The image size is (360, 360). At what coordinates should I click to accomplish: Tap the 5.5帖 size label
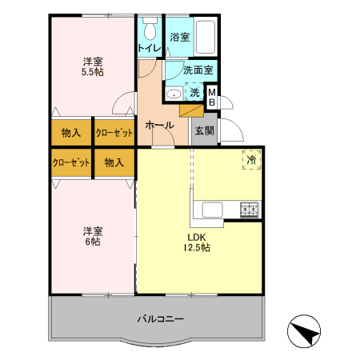click(x=93, y=72)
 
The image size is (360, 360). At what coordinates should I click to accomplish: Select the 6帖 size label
click(x=93, y=241)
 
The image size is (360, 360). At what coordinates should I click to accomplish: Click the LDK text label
click(x=198, y=237)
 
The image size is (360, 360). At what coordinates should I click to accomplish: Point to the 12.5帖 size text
click(x=198, y=248)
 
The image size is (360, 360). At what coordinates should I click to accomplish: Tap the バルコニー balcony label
click(x=159, y=318)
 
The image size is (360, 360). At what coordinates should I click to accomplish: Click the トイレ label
click(x=150, y=48)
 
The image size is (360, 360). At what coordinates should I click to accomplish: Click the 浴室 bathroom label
click(x=179, y=37)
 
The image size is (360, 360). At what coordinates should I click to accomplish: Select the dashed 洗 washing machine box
click(x=194, y=93)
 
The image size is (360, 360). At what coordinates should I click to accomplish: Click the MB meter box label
click(x=212, y=98)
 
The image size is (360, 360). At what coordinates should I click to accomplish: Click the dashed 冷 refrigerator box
click(x=251, y=160)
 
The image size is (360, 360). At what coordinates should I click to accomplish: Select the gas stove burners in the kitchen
click(x=250, y=210)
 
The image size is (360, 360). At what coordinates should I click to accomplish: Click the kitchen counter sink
click(x=214, y=210)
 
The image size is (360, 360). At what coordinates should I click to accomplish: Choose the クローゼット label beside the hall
click(x=114, y=132)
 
